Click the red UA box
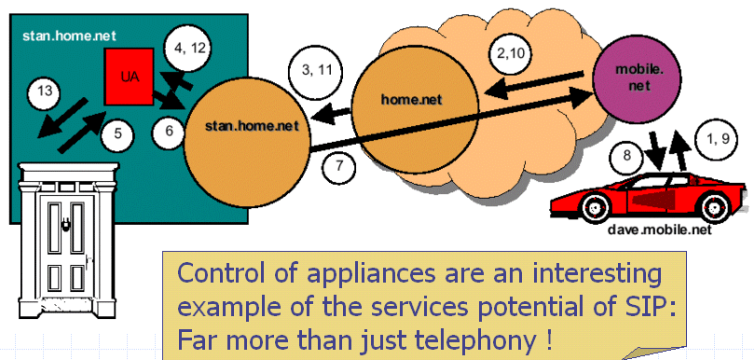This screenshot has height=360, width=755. [130, 76]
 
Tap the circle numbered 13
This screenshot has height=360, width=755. [44, 94]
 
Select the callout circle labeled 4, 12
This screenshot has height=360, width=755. [185, 48]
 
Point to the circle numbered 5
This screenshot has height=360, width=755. [117, 134]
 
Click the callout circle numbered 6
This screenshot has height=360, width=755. [169, 132]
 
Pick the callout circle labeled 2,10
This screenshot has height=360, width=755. [511, 54]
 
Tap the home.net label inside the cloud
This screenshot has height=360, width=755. [411, 99]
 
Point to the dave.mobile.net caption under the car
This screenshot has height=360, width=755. [659, 229]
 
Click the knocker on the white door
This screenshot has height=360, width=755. [66, 227]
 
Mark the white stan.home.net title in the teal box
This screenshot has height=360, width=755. [69, 36]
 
